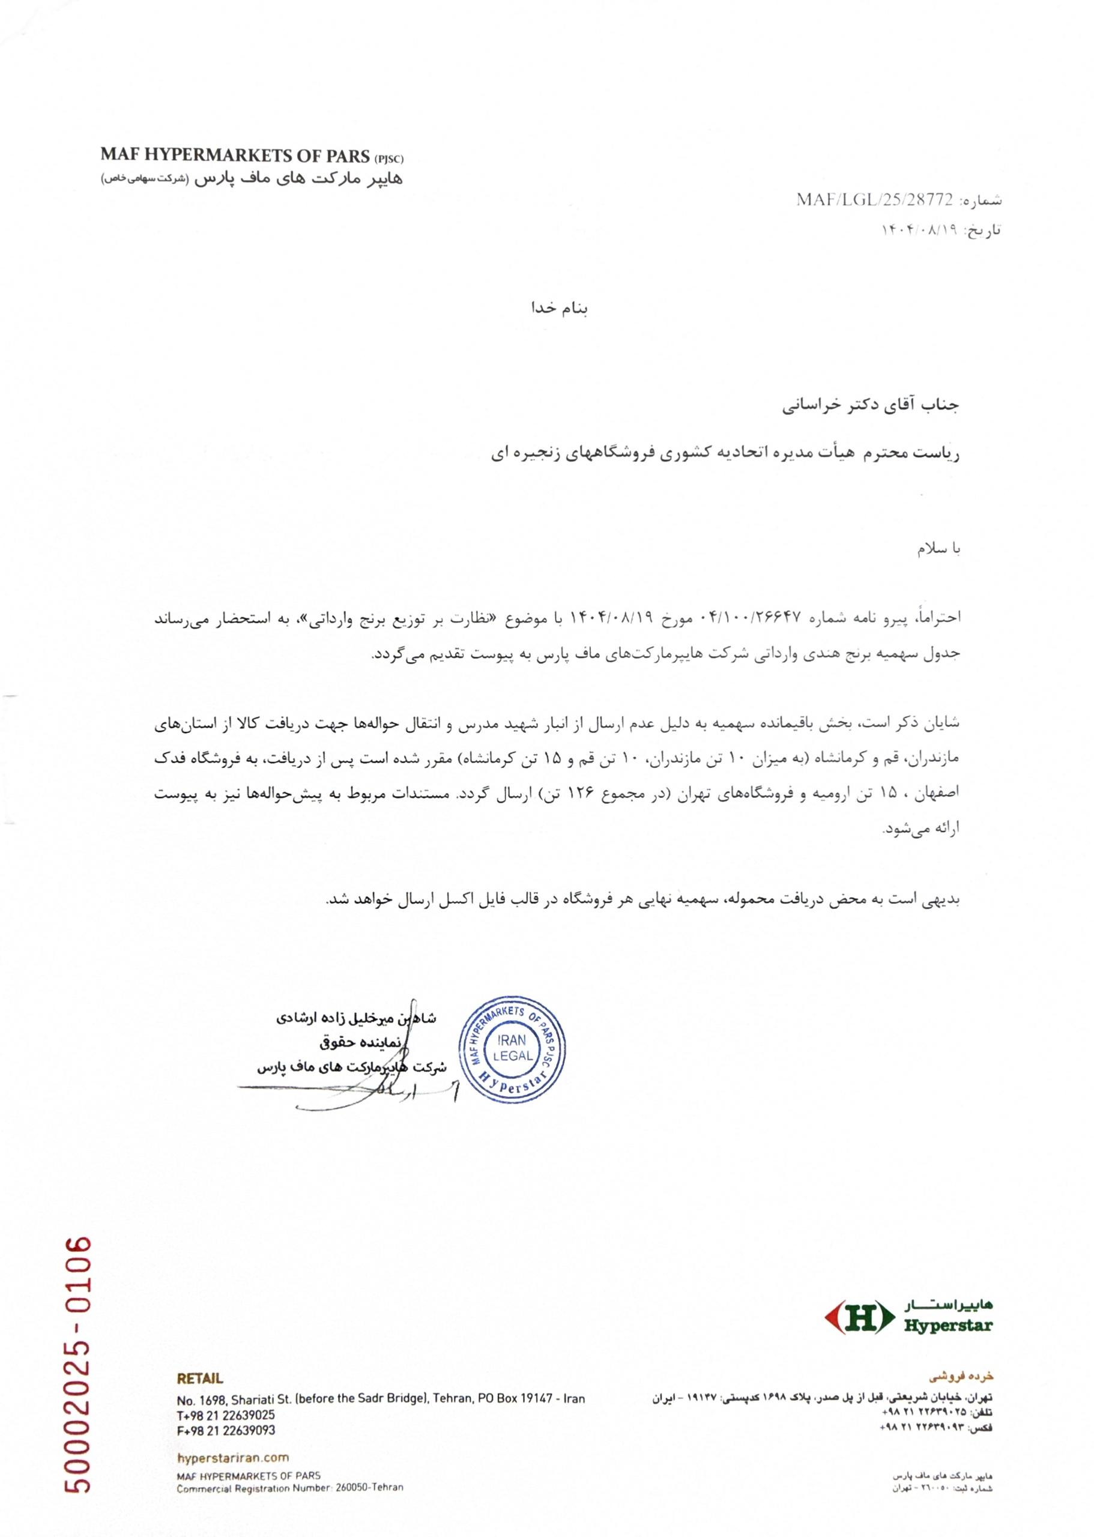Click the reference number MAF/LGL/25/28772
pyautogui.click(x=874, y=200)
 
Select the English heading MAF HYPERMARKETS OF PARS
pyautogui.click(x=236, y=155)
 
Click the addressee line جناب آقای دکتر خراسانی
pyautogui.click(x=871, y=405)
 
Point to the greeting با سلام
pyautogui.click(x=938, y=549)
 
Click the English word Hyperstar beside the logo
pyautogui.click(x=948, y=1326)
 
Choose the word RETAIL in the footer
pyautogui.click(x=200, y=1378)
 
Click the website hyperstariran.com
pyautogui.click(x=232, y=1458)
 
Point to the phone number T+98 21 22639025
pyautogui.click(x=226, y=1415)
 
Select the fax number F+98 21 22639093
pyautogui.click(x=226, y=1431)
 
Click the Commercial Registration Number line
pyautogui.click(x=289, y=1487)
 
